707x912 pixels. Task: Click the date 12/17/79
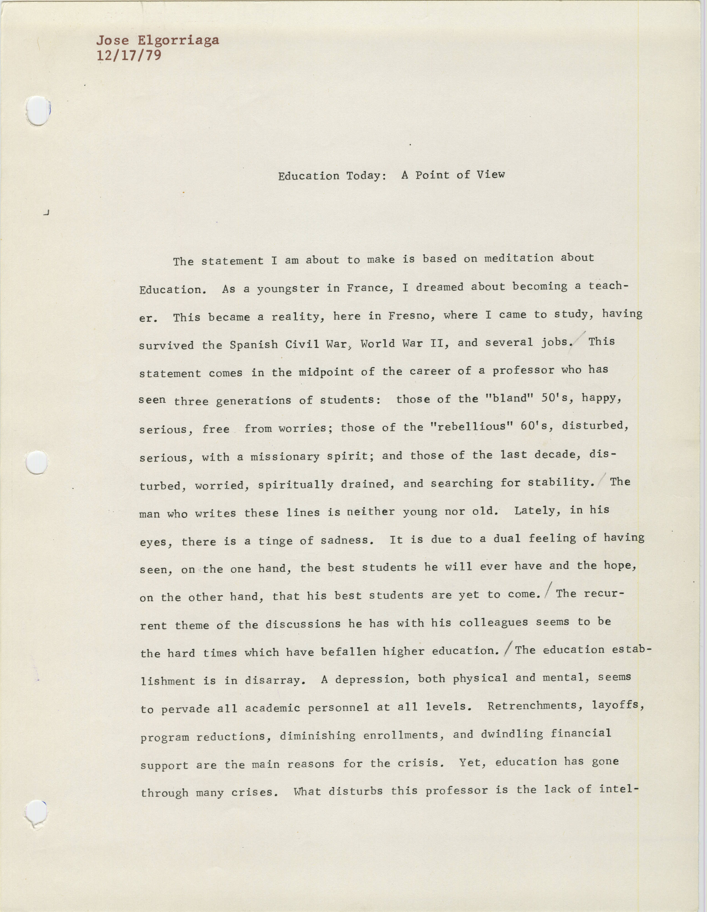pos(129,55)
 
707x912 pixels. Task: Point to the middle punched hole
pos(37,462)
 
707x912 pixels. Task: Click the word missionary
pos(285,457)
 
